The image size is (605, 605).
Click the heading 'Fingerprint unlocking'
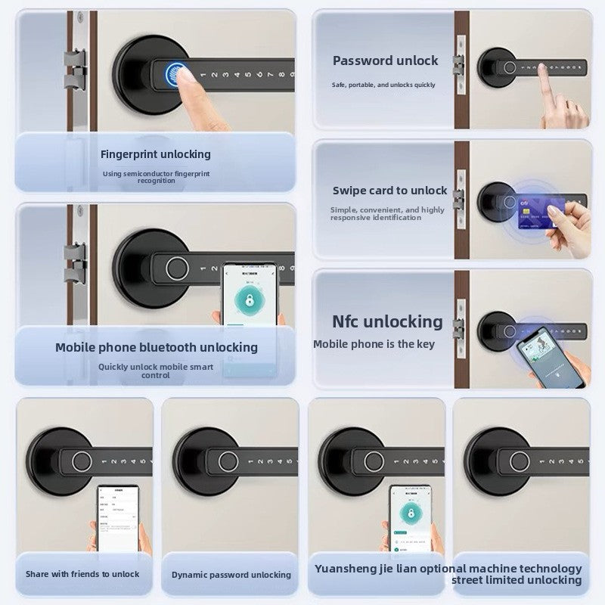[156, 154]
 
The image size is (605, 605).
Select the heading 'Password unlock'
[386, 60]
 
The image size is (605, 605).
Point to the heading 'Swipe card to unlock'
[390, 191]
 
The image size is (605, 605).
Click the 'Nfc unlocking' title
[388, 321]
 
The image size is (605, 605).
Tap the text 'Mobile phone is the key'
[374, 344]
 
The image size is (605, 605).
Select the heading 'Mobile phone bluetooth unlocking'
[157, 347]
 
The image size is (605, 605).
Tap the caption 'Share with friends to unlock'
[82, 574]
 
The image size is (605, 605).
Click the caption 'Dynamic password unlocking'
[231, 575]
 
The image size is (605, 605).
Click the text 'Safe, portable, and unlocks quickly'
[383, 85]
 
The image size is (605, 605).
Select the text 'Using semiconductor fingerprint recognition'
[157, 177]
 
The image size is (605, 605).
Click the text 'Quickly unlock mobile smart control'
[156, 371]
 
